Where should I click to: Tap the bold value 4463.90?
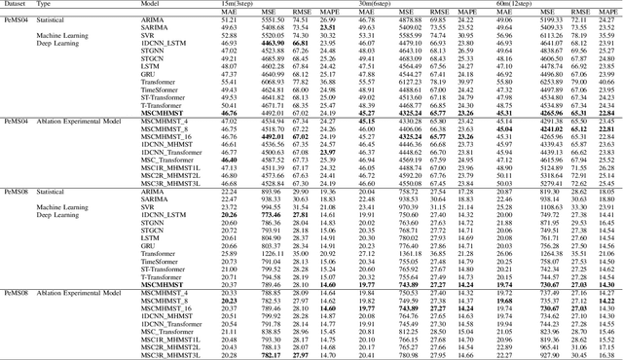272,44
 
